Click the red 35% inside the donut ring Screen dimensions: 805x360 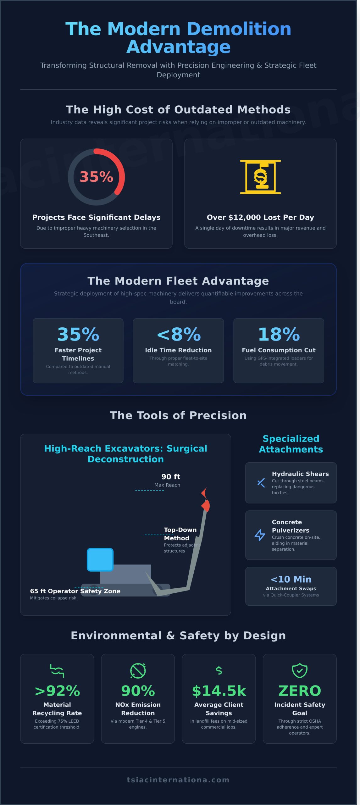coord(96,177)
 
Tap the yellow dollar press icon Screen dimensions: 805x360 coord(260,177)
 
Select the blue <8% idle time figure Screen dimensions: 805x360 coord(179,334)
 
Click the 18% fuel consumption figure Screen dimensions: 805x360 coord(279,334)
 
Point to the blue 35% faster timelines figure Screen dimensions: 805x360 coord(78,334)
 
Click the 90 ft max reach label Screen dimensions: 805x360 coord(171,477)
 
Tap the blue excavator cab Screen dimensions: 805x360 coord(100,559)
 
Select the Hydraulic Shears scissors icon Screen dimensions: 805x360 coord(261,483)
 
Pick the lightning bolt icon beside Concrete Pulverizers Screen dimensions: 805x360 coord(260,535)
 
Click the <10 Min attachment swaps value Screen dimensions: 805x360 coord(291,579)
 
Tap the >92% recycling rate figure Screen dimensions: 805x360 coord(57,691)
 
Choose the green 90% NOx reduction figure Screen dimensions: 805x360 coord(138,691)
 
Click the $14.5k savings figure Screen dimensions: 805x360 coord(219,691)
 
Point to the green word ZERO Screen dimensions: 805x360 coord(300,691)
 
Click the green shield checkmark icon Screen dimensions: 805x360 coord(300,670)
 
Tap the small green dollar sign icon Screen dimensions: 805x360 coord(219,670)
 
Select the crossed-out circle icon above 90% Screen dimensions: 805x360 coord(138,670)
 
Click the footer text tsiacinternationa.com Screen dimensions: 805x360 coord(178,780)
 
